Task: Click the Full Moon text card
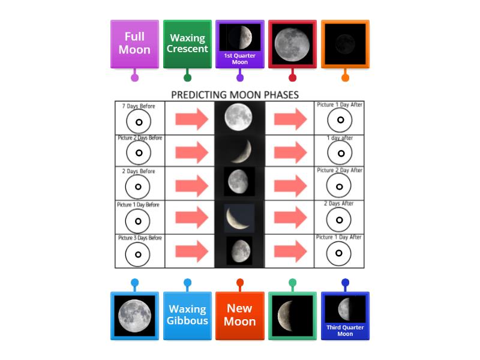(x=134, y=44)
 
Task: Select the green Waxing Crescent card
(x=187, y=44)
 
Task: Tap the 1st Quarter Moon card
(x=240, y=44)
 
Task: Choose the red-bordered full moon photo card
(x=292, y=44)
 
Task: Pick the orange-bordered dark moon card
(x=345, y=44)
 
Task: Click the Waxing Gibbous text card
(x=187, y=316)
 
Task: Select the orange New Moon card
(x=240, y=316)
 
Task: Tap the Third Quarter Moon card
(x=345, y=316)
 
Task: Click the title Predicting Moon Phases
(x=235, y=95)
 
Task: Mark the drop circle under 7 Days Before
(x=138, y=122)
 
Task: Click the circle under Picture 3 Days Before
(x=138, y=254)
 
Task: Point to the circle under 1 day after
(x=340, y=153)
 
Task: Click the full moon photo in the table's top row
(x=239, y=117)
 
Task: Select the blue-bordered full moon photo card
(x=134, y=316)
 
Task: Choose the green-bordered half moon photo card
(x=292, y=316)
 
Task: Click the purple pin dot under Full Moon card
(x=134, y=77)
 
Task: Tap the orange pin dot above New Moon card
(x=240, y=283)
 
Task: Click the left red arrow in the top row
(x=191, y=119)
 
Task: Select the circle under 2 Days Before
(x=138, y=187)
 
